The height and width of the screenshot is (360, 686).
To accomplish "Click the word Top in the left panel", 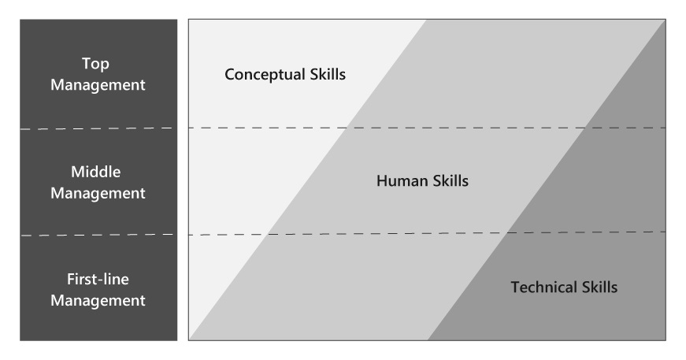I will pos(98,65).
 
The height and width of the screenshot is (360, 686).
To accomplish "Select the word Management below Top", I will pos(98,85).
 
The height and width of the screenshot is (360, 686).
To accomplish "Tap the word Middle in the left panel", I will pos(98,172).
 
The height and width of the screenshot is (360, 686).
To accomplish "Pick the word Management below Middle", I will pos(98,192).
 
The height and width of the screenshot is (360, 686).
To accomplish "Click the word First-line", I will pos(98,279).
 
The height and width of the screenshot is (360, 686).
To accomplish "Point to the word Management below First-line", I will pos(98,300).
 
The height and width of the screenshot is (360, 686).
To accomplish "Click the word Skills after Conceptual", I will pos(327,75).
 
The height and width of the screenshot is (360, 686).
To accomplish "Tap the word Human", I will pos(402,181).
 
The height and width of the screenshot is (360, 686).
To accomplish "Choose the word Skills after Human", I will pos(451,181).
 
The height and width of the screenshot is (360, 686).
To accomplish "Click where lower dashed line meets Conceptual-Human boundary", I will pos(268,234).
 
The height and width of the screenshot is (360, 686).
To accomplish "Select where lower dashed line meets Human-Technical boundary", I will pos(509,232).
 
